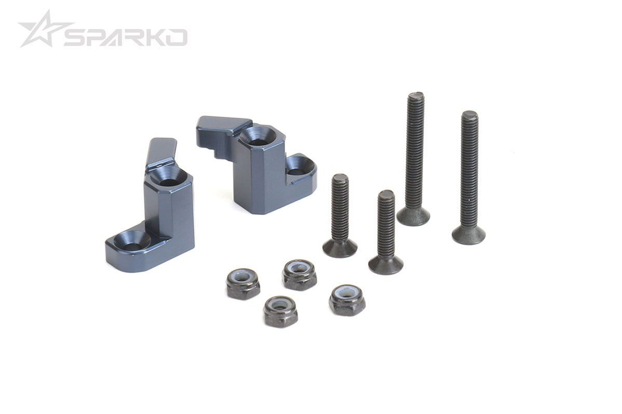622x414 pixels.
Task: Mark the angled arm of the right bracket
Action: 220,125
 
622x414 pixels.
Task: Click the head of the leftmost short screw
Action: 339,248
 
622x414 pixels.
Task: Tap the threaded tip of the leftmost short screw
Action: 340,179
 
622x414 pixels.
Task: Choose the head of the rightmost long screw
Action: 468,234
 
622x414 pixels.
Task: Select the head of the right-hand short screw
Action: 386,265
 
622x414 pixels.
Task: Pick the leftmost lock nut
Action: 243,282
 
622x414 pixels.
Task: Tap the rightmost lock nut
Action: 347,299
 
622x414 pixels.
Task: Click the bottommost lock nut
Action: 280,310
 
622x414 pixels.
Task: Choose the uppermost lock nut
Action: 299,274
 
